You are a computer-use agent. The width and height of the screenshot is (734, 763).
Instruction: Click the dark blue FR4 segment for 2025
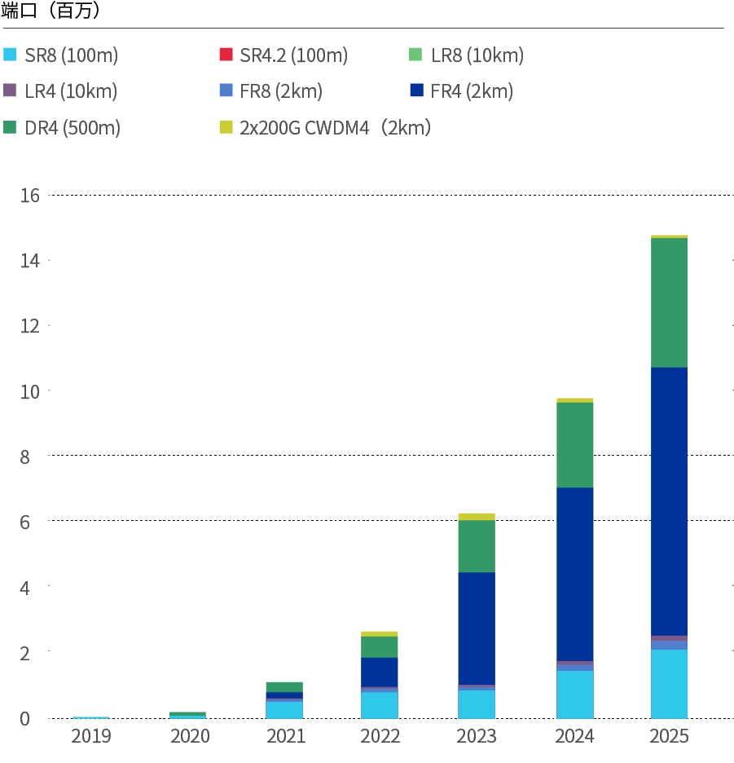[x=669, y=501]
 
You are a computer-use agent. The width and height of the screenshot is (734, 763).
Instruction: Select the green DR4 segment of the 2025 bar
[x=669, y=302]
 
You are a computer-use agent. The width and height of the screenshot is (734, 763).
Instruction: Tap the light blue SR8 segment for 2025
[x=669, y=683]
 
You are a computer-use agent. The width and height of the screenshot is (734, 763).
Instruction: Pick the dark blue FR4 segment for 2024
[x=575, y=574]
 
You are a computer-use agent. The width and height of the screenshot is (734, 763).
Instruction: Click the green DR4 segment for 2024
[x=575, y=445]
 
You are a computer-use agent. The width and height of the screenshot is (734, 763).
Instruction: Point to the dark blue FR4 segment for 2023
[x=477, y=628]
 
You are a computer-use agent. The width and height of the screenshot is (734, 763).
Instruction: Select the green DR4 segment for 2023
[x=477, y=546]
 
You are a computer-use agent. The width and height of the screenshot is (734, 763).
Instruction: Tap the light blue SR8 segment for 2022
[x=380, y=704]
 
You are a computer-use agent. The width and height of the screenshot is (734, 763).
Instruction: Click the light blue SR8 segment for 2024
[x=575, y=694]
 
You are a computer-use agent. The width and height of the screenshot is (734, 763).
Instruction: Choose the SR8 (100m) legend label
[x=72, y=56]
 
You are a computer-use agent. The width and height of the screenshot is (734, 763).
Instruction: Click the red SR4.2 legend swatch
[x=225, y=56]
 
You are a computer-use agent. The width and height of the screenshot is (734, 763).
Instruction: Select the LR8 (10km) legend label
[x=477, y=56]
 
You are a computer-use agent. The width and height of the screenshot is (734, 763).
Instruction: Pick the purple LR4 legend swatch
[x=10, y=91]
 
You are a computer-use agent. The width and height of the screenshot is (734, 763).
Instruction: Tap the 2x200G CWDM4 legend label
[x=335, y=128]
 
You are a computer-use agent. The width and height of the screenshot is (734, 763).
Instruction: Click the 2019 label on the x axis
[x=91, y=736]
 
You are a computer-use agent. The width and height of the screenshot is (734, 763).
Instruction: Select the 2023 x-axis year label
[x=477, y=736]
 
